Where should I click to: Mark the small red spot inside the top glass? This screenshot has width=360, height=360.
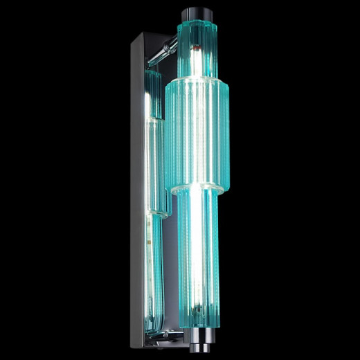(196, 50)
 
